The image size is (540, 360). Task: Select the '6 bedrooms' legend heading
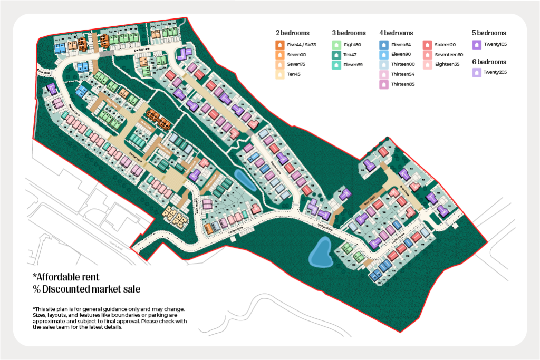[489, 62]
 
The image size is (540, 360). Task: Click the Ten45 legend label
[294, 74]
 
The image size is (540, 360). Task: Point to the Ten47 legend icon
[335, 55]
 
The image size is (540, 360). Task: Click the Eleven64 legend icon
[383, 45]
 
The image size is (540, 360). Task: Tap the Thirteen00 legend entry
[403, 64]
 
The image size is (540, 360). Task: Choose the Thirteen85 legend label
[403, 84]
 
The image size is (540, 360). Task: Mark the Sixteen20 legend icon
[427, 45]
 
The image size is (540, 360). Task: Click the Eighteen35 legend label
[448, 64]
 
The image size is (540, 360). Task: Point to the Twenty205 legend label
[495, 72]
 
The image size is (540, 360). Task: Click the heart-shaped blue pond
[320, 252]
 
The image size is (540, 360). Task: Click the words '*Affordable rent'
[66, 277]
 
